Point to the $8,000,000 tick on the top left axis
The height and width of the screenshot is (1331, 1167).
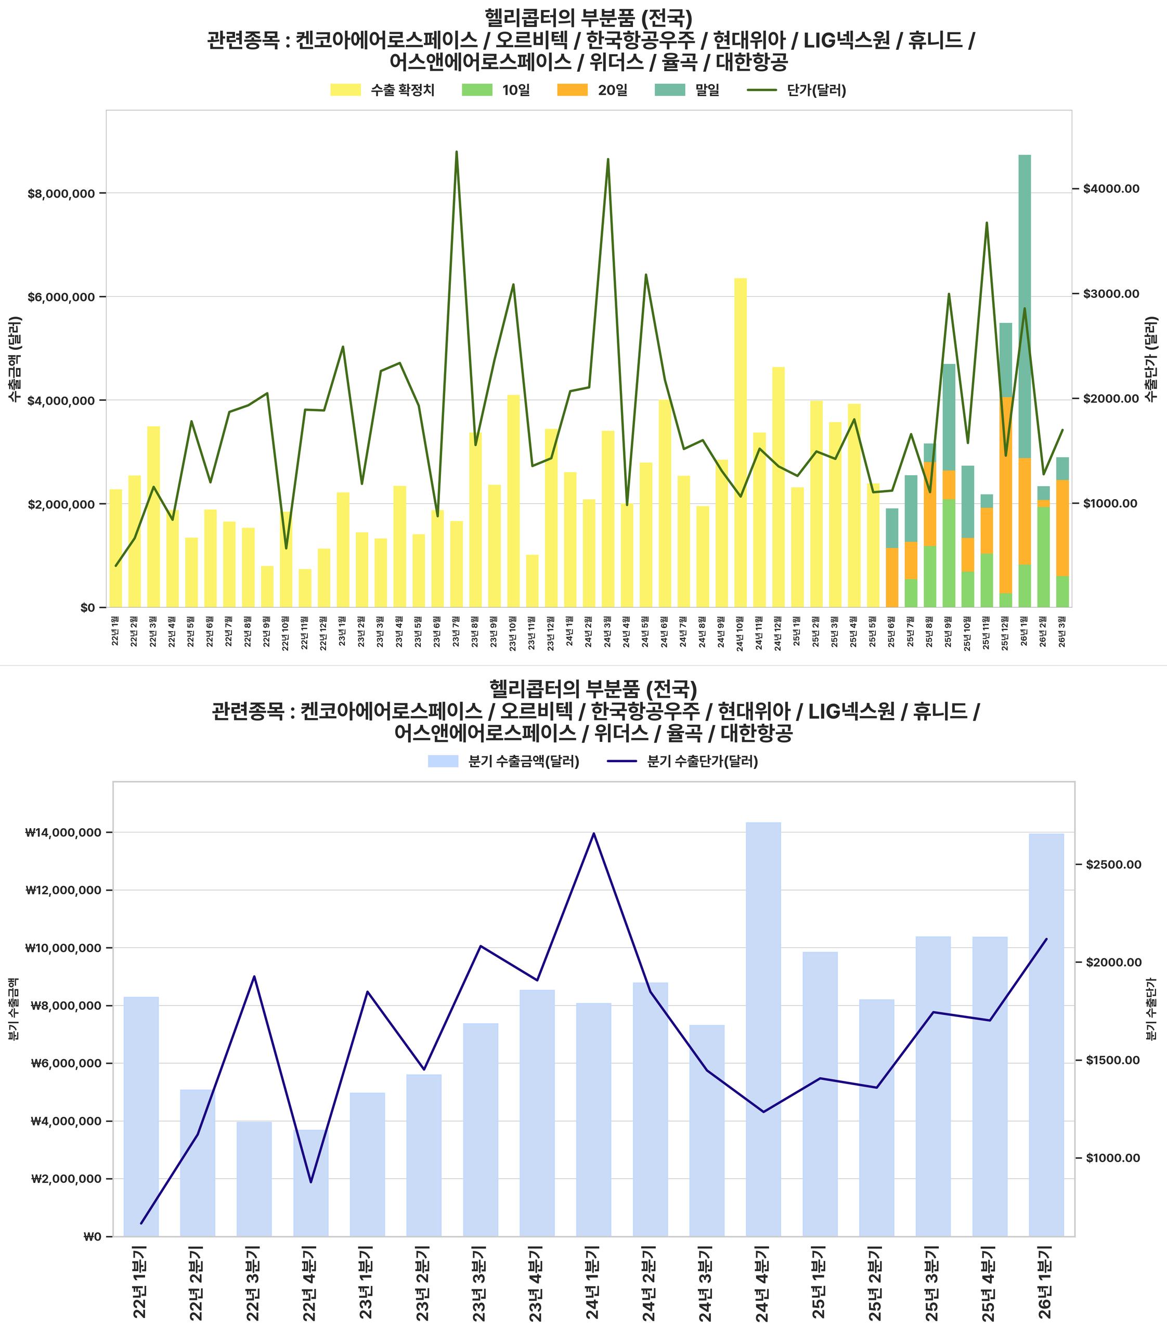point(61,193)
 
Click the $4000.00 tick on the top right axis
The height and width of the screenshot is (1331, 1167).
point(1111,189)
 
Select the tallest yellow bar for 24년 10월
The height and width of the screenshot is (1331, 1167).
point(741,443)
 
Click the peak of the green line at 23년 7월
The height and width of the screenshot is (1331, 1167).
point(457,152)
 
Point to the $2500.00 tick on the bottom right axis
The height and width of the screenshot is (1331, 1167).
point(1113,864)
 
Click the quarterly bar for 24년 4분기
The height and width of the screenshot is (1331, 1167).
point(763,1029)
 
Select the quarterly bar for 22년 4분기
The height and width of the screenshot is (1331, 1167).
point(310,1182)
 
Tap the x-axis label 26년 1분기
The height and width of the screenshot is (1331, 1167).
point(1046,1282)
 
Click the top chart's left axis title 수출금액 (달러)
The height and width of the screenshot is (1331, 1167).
point(15,359)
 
